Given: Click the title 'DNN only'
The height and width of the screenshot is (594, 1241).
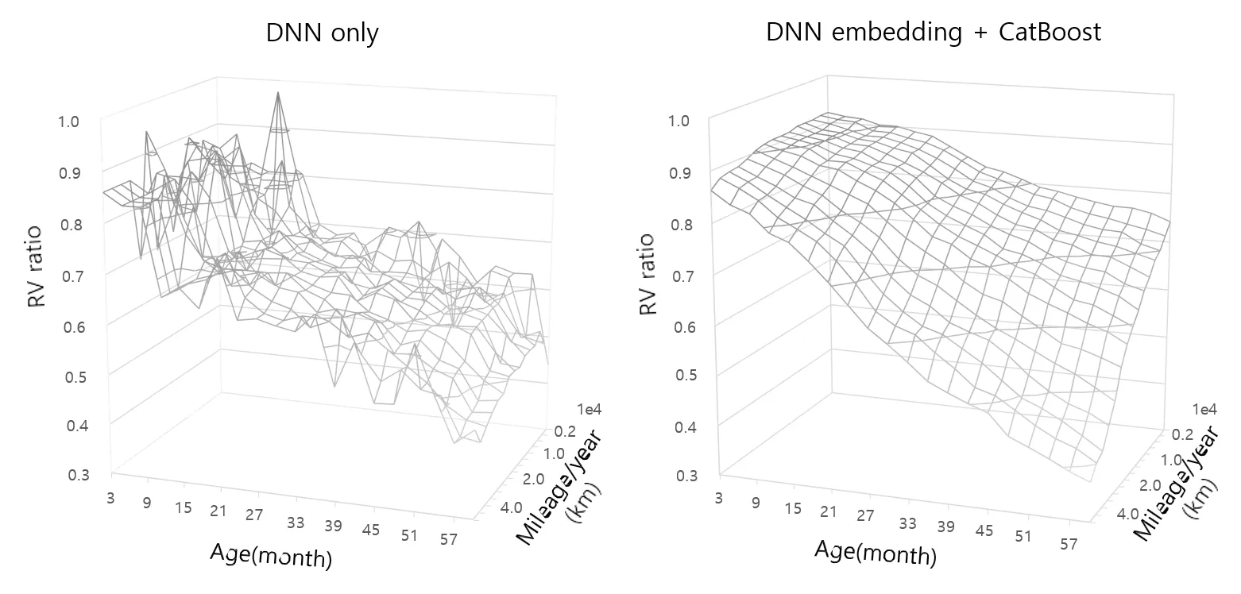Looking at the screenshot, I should [322, 33].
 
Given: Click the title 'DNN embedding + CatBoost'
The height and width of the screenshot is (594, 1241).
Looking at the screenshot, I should [934, 33].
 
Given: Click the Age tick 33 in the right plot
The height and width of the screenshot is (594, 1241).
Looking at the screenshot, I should [907, 523].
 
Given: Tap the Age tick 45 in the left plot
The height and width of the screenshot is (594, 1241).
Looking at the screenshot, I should [371, 530].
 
